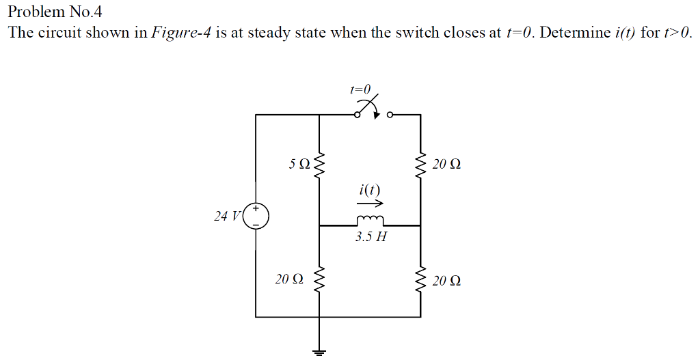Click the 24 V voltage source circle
256,215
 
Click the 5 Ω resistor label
299,165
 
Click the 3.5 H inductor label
371,238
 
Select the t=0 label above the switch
360,89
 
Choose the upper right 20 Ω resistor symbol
420,165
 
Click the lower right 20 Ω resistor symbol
420,279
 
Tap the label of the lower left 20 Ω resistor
288,279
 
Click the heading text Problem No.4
54,12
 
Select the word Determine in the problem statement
571,33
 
